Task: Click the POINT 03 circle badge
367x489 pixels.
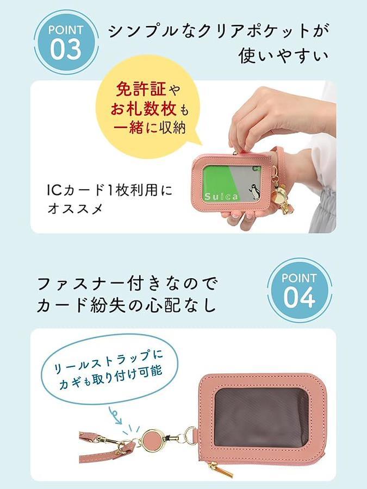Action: coord(66,42)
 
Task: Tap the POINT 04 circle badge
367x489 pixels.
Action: coord(300,290)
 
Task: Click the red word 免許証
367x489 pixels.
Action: coord(141,90)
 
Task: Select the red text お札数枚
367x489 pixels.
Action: coord(144,109)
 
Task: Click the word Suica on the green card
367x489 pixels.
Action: coord(221,197)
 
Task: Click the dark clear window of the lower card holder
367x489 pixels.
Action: coord(262,418)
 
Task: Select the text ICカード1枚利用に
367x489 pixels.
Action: coord(109,191)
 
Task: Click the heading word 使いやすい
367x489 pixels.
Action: coord(284,56)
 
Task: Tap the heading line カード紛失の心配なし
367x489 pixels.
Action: coord(126,304)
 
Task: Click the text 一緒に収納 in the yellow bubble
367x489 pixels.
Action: coord(150,128)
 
